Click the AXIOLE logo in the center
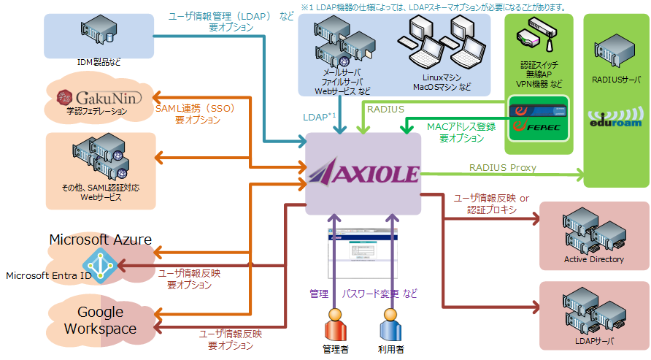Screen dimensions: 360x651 363,174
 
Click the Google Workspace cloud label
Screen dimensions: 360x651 100,321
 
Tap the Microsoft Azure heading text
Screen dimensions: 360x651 100,240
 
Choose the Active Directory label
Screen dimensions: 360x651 593,259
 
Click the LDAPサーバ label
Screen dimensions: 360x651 594,340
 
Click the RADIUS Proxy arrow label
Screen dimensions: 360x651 502,168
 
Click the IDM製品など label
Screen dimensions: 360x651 99,62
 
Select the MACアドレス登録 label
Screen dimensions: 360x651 461,127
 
